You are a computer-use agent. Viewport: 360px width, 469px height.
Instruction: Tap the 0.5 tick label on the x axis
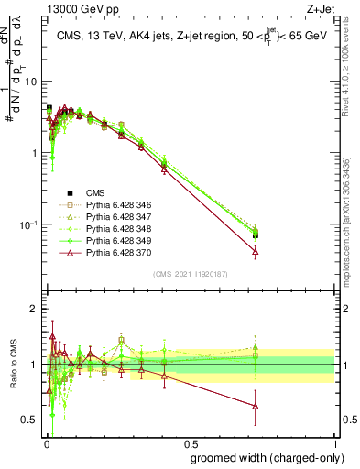pyautogui.click(x=190, y=442)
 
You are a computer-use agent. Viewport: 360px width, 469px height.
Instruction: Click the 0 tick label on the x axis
pyautogui.click(x=46, y=442)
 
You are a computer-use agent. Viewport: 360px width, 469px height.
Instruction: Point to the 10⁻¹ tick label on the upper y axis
pyautogui.click(x=29, y=224)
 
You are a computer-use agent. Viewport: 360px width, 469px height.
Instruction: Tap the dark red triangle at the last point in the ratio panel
pyautogui.click(x=255, y=406)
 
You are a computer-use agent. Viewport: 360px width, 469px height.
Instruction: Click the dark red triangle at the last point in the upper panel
pyautogui.click(x=255, y=251)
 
